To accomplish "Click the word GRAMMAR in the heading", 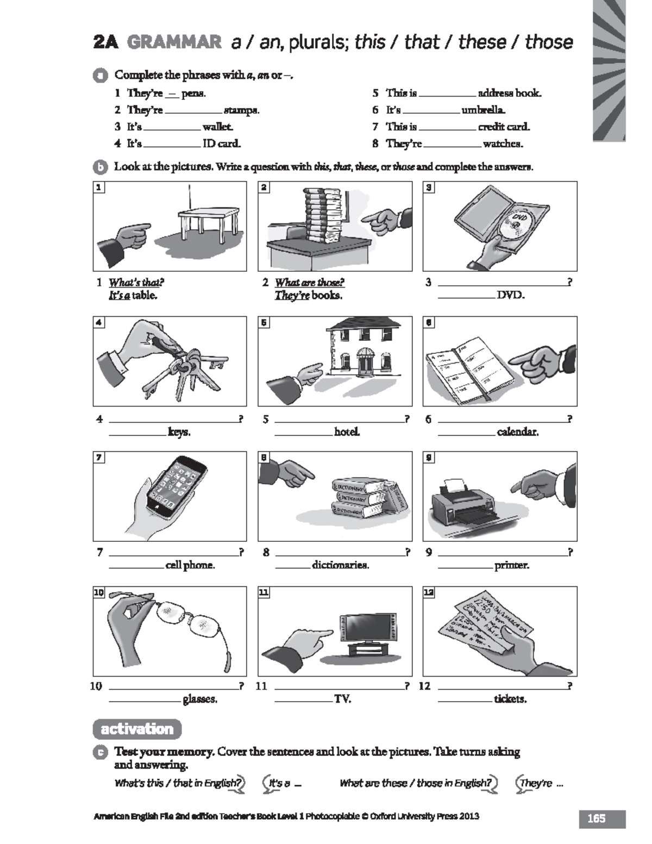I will (174, 42).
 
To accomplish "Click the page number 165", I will (596, 818).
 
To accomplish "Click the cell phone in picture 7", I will (175, 484).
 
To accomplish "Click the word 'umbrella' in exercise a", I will (483, 110).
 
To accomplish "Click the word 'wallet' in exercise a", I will (217, 127).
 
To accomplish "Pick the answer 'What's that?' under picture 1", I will (136, 283).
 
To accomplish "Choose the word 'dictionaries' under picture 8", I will (340, 565).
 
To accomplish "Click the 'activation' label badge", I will (137, 729).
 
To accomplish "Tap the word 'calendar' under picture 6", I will (517, 432).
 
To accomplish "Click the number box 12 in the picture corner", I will (429, 592).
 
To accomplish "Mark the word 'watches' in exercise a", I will (503, 144).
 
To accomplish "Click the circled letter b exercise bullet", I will (100, 167).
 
